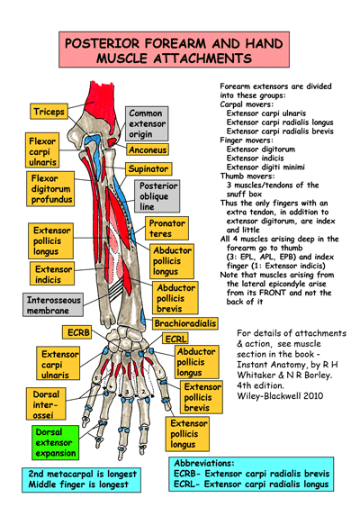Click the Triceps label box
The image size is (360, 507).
coord(49,112)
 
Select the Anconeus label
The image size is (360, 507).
coord(148,149)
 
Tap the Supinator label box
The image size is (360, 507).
coord(148,168)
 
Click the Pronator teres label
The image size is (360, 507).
coord(167,228)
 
